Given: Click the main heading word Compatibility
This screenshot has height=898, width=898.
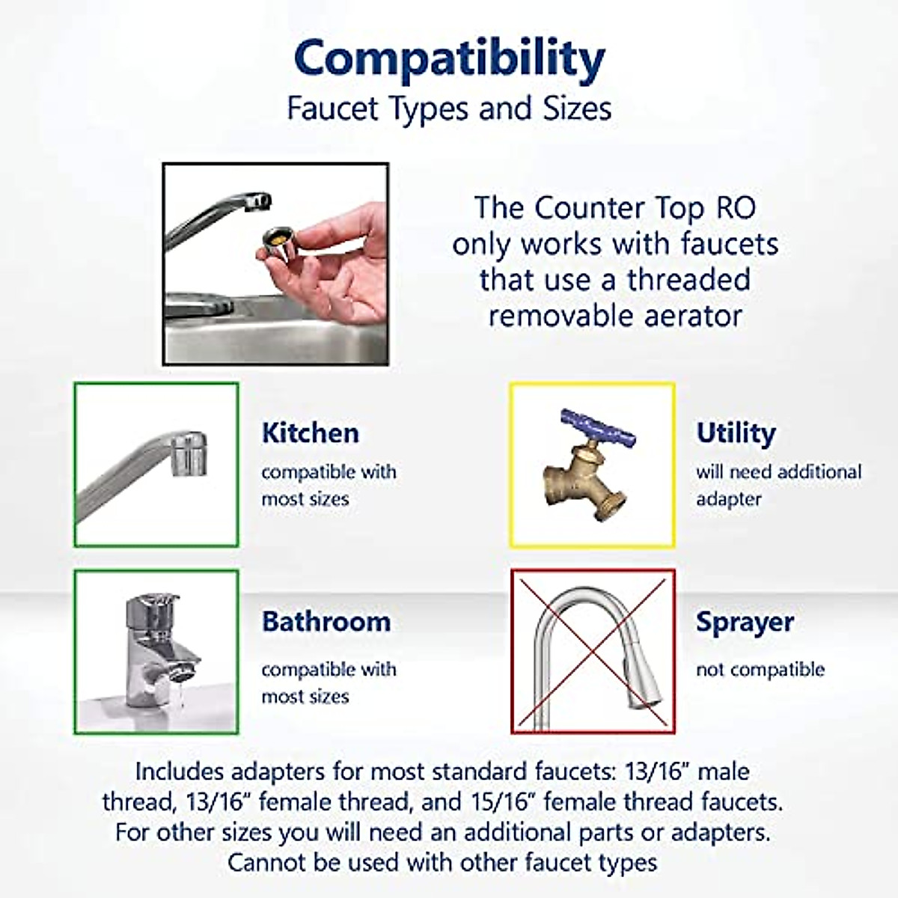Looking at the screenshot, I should tap(449, 58).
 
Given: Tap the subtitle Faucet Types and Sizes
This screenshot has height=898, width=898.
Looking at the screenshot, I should tap(449, 109).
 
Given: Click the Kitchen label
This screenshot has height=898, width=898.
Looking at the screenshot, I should tap(310, 433).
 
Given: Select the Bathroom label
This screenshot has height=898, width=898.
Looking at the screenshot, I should tap(326, 621).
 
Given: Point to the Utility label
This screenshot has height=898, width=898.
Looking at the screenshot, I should tap(736, 433).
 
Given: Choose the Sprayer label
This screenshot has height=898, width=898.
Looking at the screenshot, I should tap(745, 621).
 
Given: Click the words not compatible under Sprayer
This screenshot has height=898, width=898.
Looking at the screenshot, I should tap(760, 669).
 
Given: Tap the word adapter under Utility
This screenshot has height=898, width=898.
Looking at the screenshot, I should tap(728, 499).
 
